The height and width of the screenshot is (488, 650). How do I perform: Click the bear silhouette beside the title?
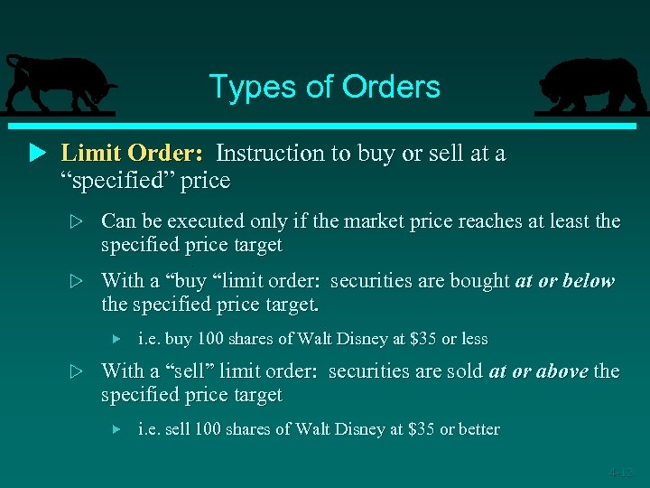(x=591, y=86)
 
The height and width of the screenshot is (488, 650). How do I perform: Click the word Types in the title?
(x=241, y=87)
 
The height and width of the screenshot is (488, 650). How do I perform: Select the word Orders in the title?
(x=391, y=87)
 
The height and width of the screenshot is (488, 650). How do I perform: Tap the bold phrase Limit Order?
(x=132, y=153)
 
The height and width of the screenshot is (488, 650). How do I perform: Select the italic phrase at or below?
(x=565, y=281)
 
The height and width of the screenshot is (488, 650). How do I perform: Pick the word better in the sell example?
(x=478, y=429)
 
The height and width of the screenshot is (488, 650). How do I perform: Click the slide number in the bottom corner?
(x=621, y=472)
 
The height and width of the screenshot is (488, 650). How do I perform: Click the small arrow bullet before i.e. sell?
(x=116, y=429)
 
